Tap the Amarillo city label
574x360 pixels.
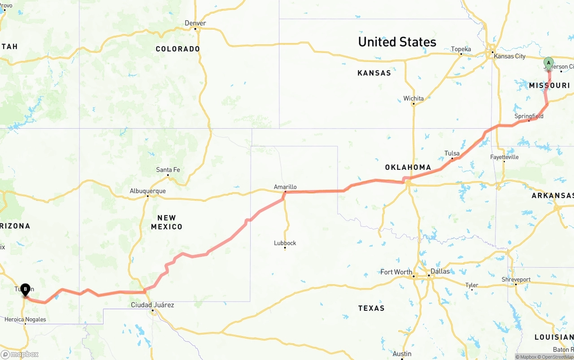point(285,187)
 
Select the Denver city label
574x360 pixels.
point(196,23)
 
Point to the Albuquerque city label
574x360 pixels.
point(148,191)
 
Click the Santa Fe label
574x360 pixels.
point(168,170)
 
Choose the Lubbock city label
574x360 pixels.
point(285,243)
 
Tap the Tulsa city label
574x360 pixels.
point(452,153)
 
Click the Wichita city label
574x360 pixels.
point(413,98)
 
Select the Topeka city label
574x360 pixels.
point(461,49)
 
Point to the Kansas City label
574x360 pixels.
point(509,56)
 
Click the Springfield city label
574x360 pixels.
point(529,116)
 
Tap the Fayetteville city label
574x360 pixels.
point(504,157)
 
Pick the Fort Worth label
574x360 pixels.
point(396,272)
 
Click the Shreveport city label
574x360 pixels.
point(516,279)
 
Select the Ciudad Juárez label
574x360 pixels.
point(152,305)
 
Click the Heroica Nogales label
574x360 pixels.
point(25,320)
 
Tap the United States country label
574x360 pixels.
point(397,42)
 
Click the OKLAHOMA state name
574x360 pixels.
point(408,167)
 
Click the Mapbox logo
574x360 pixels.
point(20,354)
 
